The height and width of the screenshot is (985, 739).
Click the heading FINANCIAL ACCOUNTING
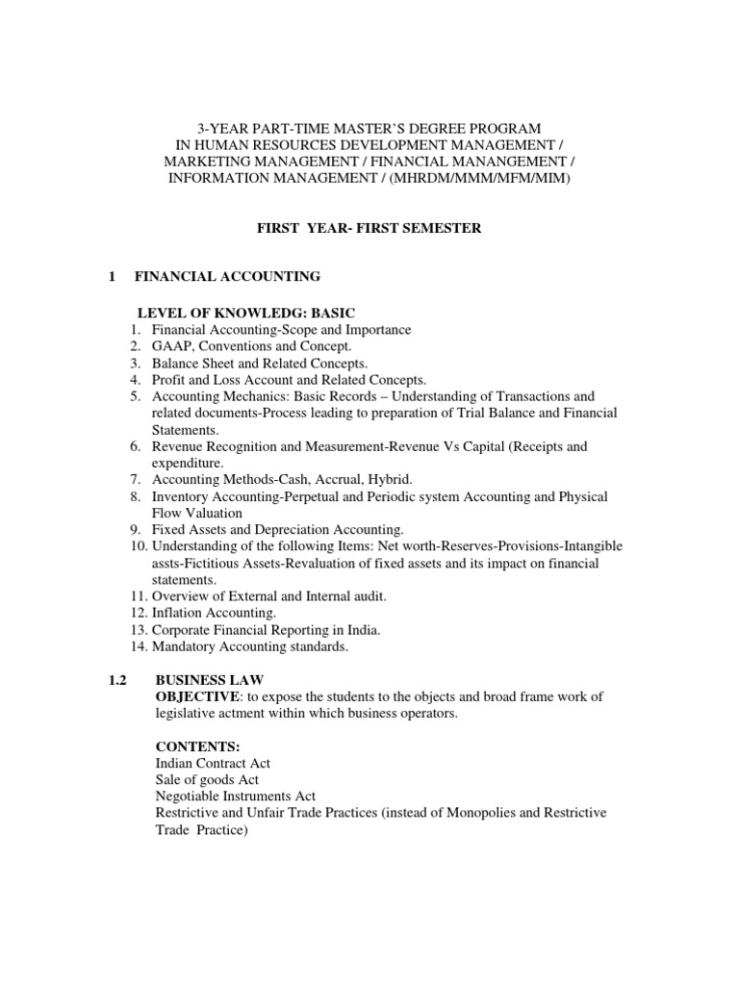coord(227,277)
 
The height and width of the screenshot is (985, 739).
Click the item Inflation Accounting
coord(214,614)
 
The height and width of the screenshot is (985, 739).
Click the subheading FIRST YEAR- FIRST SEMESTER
coord(369,228)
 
